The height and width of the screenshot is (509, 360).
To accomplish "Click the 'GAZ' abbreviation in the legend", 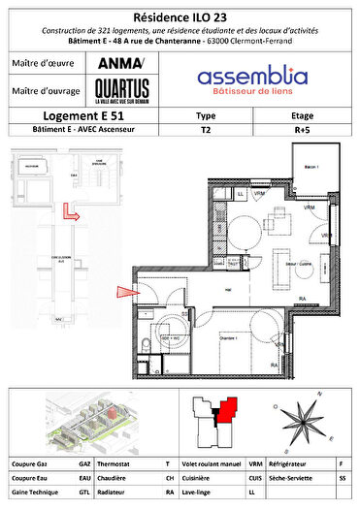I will coord(85,463).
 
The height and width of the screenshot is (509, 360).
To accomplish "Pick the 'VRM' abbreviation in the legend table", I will coord(255,463).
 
